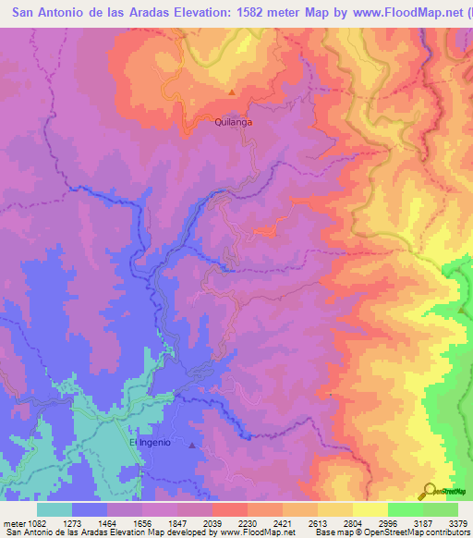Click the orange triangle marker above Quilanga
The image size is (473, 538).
click(x=231, y=92)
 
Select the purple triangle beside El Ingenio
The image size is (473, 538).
click(x=191, y=446)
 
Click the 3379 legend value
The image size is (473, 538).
click(x=459, y=522)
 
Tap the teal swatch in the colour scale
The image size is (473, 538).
click(x=55, y=509)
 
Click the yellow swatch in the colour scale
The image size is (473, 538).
click(x=370, y=509)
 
